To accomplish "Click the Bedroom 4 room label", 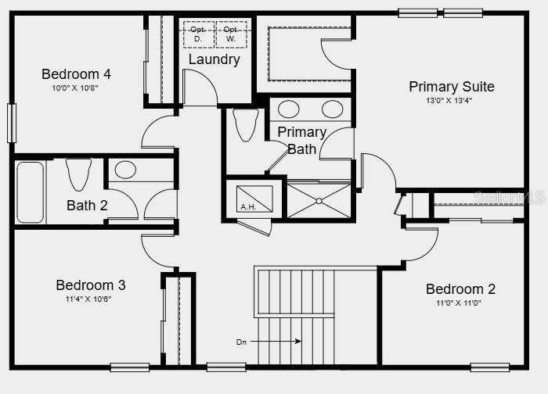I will tap(76, 74).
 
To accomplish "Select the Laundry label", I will tap(214, 59).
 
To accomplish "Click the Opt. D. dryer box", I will tap(198, 34).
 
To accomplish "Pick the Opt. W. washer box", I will tap(231, 34).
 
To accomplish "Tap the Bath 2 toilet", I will tap(78, 174).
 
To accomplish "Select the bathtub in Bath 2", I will tap(31, 192).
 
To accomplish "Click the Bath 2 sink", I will tap(125, 170).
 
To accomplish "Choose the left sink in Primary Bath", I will tap(289, 109).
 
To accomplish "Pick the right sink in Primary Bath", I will tap(332, 109).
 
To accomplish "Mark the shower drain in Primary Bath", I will tap(319, 201).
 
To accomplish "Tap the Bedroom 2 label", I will tap(460, 289).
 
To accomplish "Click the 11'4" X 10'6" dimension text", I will tap(90, 299).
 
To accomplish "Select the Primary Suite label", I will tap(452, 87).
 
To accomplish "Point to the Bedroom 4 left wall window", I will tap(12, 124).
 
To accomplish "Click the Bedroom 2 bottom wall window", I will tap(489, 367).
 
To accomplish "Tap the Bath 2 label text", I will tap(87, 206).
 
